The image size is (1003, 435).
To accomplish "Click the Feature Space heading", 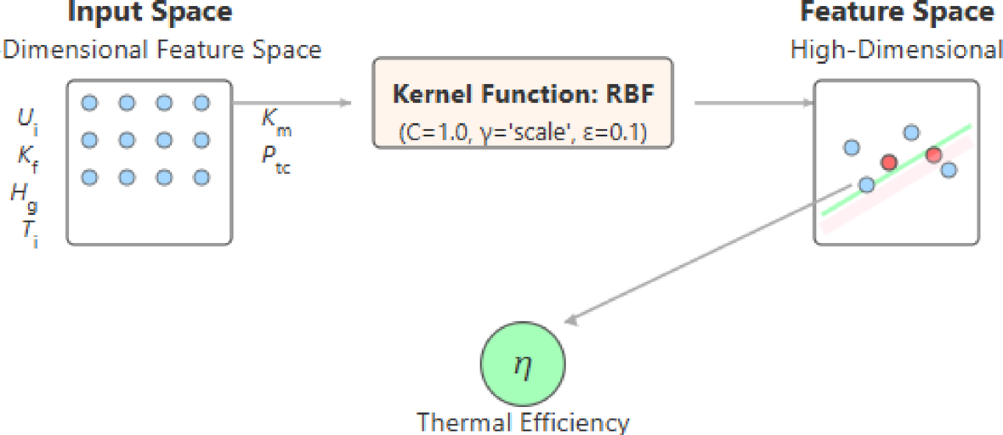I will pos(898,12).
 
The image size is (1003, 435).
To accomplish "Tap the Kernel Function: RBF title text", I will pos(523,93).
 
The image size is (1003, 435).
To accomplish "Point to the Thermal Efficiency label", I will pos(523,422).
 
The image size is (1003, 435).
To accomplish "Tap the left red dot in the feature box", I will pos(889,162).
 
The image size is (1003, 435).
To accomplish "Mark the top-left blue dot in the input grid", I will pos(88,103).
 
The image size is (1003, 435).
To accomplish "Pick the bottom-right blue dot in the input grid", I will pos(201,178).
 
